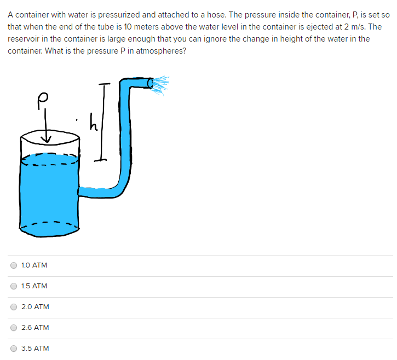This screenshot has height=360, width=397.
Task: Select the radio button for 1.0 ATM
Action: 14,265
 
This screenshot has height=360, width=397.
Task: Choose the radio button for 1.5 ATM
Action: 14,286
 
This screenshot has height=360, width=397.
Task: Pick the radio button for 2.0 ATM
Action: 14,307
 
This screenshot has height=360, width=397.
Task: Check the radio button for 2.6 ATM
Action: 14,328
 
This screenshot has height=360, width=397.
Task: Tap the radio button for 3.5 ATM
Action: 14,349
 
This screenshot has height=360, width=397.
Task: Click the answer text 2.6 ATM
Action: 35,328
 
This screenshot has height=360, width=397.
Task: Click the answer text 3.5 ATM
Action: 35,349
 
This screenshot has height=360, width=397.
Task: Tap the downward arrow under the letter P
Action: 48,131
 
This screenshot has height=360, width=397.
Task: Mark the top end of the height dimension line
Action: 105,84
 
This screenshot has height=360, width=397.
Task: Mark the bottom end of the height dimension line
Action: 100,159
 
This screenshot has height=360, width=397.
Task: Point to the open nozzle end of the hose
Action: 151,83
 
